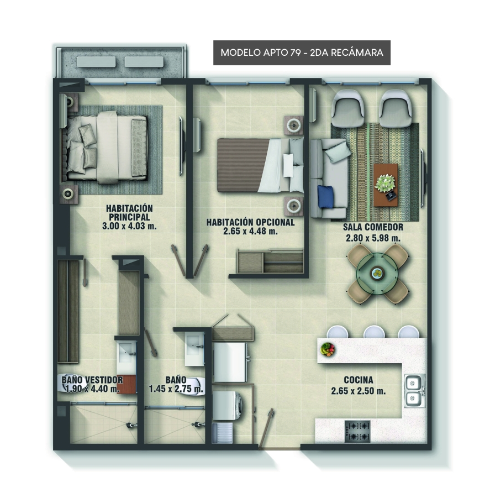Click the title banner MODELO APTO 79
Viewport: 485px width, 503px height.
302,53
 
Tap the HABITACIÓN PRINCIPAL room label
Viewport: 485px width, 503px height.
129,212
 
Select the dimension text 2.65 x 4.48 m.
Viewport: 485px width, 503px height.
250,231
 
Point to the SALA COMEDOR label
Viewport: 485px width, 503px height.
373,227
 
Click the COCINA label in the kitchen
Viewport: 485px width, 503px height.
359,380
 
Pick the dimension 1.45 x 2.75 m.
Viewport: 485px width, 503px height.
176,389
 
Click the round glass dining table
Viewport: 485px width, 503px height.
378,273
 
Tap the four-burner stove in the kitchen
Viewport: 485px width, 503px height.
357,432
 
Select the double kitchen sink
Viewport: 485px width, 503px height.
414,390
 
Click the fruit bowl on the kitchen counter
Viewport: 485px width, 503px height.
327,348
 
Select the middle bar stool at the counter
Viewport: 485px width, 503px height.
374,332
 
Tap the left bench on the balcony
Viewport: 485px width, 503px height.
96,61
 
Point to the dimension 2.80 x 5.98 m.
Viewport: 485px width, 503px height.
373,238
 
